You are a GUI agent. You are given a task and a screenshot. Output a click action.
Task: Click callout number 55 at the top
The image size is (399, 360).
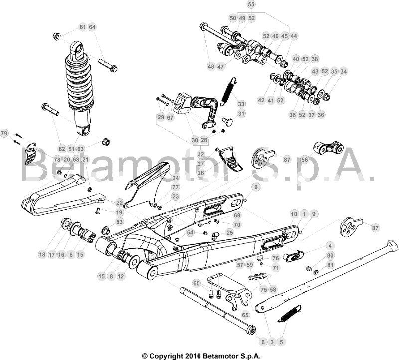pos(251,4)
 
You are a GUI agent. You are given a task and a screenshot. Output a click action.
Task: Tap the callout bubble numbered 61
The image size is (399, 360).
pos(83,27)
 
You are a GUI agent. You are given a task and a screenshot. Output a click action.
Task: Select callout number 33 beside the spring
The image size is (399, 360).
pos(241,104)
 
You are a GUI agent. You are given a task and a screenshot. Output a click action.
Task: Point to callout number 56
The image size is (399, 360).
pos(305,160)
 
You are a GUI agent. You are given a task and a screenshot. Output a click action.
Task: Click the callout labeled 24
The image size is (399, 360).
pos(176,178)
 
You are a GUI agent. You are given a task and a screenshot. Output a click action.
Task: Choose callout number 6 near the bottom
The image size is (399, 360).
pos(263,342)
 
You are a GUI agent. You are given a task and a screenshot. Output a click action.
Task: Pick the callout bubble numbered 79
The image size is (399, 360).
pos(4,133)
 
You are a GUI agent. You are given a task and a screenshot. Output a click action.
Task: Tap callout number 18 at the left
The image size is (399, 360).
pos(42,254)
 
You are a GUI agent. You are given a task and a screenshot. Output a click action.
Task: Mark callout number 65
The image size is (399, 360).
pos(245,315)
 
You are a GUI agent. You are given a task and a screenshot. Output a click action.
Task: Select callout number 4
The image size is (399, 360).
pos(330,246)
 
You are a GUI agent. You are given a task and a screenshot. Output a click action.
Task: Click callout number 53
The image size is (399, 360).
pos(119,222)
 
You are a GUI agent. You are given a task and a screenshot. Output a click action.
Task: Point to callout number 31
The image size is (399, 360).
pos(241,114)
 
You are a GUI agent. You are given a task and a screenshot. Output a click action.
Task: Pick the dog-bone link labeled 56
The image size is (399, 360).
pos(328,148)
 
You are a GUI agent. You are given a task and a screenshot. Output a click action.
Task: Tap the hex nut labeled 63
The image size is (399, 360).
pos(106,141)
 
